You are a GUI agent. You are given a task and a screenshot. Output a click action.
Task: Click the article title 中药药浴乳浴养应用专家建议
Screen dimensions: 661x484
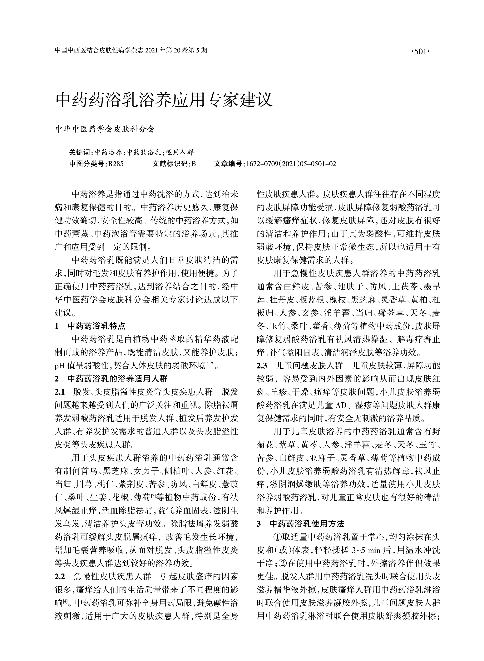pyautogui.click(x=164, y=100)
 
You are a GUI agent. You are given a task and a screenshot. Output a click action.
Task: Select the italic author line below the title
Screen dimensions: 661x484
pyautogui.click(x=105, y=129)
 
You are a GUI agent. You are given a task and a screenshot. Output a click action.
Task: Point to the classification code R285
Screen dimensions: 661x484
pyautogui.click(x=116, y=164)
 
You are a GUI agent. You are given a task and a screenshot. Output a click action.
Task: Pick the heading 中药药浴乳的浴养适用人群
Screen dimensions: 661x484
pyautogui.click(x=117, y=379)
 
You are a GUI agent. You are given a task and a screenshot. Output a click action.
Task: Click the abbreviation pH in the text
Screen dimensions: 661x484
pyautogui.click(x=59, y=366)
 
